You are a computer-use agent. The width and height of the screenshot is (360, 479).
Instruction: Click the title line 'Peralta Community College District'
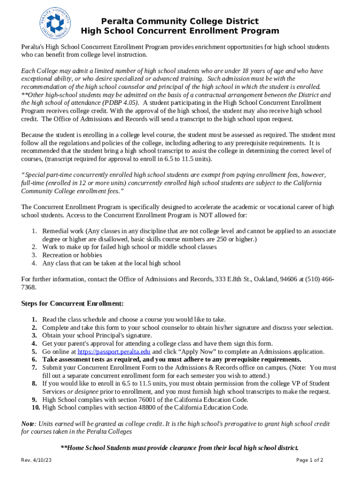pos(180,22)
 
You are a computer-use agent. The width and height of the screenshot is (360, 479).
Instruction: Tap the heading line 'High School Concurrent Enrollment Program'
pos(180,31)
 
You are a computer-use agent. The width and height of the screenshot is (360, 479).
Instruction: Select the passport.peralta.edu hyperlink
pos(114,352)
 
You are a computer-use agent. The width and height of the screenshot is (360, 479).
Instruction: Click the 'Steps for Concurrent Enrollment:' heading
pos(72,304)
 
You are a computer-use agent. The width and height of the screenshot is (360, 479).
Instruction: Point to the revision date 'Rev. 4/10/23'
pos(36,460)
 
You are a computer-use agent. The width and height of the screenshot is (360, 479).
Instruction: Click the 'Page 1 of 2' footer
pos(310,460)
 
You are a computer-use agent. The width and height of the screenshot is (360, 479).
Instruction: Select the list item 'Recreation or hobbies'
pos(72,255)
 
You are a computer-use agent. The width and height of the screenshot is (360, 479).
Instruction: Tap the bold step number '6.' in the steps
pos(34,360)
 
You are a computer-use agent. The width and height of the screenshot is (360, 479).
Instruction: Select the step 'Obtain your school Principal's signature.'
pos(97,335)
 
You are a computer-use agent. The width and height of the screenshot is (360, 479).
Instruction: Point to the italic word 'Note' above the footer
pos(28,424)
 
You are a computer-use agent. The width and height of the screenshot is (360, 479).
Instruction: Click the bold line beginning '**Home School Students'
pos(180,448)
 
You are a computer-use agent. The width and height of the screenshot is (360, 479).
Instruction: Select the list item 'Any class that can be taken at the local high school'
pos(111,263)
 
